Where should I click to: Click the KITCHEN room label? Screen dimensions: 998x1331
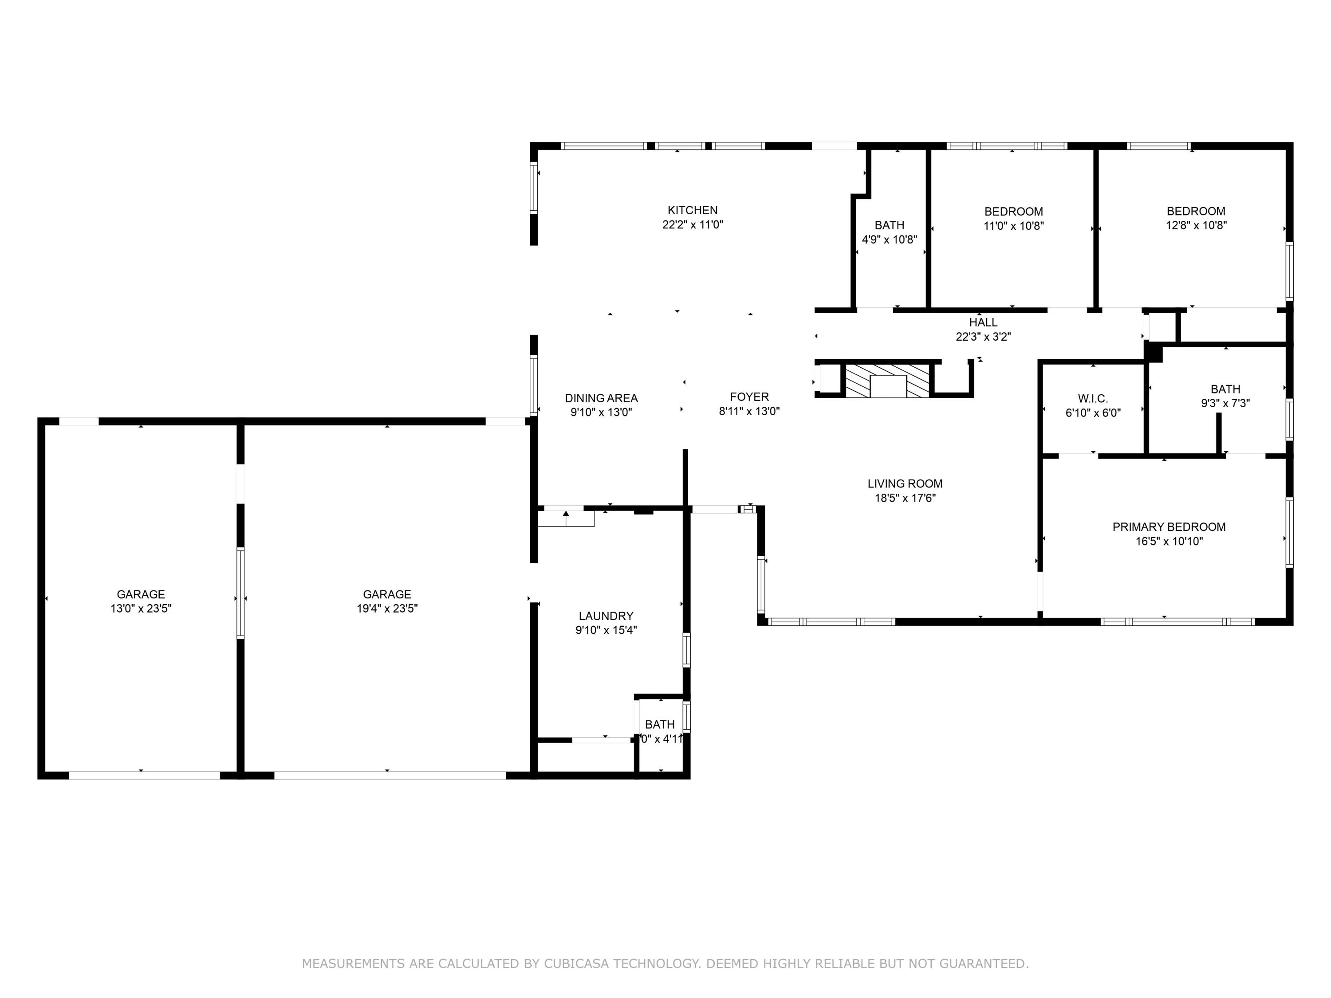pos(692,210)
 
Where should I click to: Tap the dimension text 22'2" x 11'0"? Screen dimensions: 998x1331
pos(692,225)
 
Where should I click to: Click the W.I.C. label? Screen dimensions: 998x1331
pos(1093,398)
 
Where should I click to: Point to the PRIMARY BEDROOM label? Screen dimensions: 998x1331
pos(1169,527)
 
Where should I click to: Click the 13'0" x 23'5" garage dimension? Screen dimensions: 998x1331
pos(141,608)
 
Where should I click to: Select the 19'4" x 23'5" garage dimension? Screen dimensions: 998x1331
pos(387,608)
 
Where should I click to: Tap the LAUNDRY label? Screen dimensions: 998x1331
pos(606,616)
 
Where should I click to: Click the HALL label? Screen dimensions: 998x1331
pos(983,322)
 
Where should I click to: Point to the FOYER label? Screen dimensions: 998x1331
pos(749,397)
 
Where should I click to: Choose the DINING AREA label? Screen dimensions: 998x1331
pos(601,398)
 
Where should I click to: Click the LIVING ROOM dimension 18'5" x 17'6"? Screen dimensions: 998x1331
pos(905,498)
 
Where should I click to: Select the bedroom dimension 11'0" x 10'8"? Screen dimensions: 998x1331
pos(1013,226)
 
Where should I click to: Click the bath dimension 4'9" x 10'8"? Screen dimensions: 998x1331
pos(890,240)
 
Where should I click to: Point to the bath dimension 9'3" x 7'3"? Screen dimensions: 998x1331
pos(1225,404)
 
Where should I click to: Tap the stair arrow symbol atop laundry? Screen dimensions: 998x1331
pos(566,515)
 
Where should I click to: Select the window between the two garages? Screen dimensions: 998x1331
pos(240,593)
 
